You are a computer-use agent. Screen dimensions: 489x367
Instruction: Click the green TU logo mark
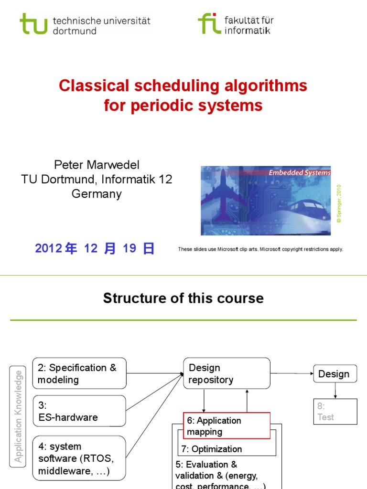(x=34, y=23)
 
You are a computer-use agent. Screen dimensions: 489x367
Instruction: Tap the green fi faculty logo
(x=209, y=23)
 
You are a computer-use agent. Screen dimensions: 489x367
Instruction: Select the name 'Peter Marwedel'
(x=97, y=165)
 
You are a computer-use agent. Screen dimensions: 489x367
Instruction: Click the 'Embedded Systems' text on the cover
(x=299, y=173)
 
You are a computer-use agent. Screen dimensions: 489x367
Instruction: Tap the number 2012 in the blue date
(x=49, y=248)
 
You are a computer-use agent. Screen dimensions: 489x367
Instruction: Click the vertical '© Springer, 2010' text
(x=339, y=204)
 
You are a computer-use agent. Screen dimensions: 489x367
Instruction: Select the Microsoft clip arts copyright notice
(x=260, y=249)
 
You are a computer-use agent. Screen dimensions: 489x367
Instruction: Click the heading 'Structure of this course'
(x=183, y=298)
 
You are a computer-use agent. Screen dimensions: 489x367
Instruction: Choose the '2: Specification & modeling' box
(x=79, y=373)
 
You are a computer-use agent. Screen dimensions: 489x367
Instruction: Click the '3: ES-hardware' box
(x=79, y=411)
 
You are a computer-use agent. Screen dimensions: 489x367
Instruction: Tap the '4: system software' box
(x=79, y=459)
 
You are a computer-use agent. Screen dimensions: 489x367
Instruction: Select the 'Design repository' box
(x=227, y=373)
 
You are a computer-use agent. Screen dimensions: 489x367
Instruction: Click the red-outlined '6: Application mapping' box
(x=227, y=425)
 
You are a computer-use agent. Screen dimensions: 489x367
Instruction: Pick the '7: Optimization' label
(x=211, y=449)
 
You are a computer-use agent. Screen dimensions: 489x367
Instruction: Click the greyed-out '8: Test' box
(x=335, y=411)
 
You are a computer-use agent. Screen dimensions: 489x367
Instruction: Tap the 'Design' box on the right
(x=335, y=373)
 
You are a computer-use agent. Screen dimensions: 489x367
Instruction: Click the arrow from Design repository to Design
(x=291, y=373)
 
